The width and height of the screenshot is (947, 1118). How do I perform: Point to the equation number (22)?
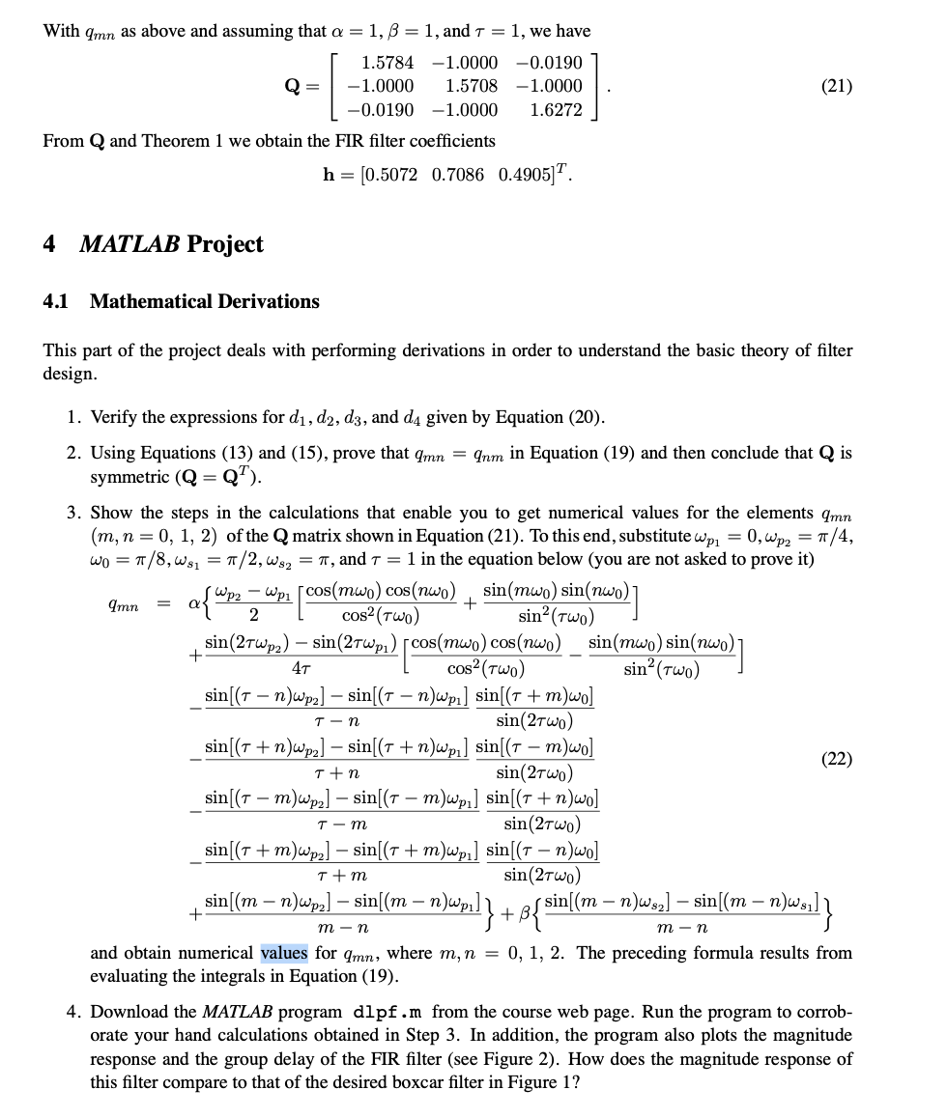tap(836, 760)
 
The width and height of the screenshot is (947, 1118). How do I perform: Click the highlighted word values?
tap(284, 953)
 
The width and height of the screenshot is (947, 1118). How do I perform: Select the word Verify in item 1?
tap(114, 418)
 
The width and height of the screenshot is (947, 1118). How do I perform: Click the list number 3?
tap(73, 513)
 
